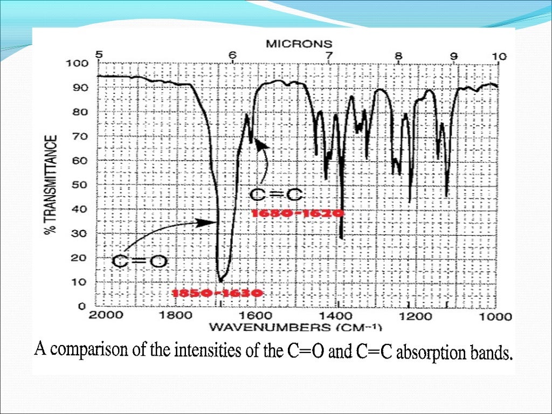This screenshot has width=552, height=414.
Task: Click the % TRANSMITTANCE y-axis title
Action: (51, 184)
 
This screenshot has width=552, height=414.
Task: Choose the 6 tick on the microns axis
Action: (232, 55)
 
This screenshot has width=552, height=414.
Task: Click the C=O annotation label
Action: (140, 263)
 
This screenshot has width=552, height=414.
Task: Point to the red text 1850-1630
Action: (217, 294)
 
